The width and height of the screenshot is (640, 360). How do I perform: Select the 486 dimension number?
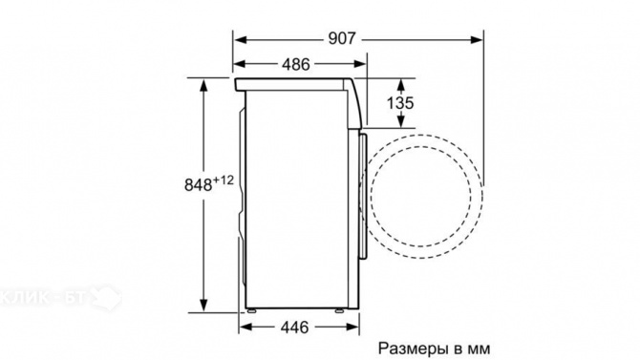point(295,65)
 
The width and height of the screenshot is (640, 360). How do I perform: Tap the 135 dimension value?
point(400,101)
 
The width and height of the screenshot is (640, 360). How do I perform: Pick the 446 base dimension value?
point(294,328)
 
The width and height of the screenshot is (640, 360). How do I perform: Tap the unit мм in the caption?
point(489,348)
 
